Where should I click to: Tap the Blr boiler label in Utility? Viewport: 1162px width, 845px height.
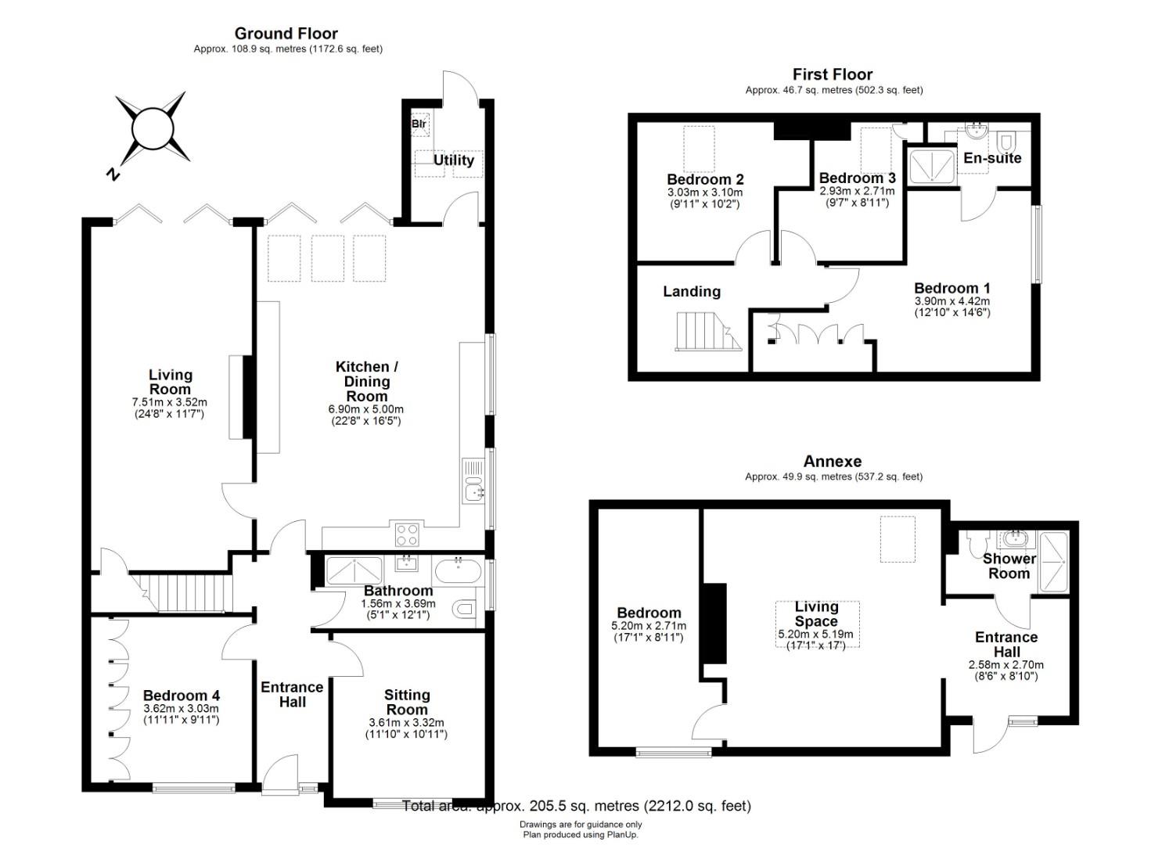(419, 124)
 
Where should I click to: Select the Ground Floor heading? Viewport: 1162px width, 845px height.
(286, 34)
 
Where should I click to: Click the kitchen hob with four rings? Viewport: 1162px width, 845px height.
(407, 534)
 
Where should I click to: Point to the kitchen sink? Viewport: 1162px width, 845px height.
(473, 480)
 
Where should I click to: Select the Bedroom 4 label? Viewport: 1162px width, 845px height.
(182, 696)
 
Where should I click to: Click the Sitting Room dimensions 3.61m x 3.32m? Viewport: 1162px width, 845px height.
(407, 723)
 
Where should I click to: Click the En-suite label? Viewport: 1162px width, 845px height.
(992, 158)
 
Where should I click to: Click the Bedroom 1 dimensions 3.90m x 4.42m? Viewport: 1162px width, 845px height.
(952, 301)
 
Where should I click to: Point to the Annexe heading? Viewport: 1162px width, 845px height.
(833, 461)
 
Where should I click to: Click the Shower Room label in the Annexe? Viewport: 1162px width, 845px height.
(1009, 566)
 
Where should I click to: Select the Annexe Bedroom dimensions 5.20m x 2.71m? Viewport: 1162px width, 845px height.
(649, 626)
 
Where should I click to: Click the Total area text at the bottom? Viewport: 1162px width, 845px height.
(577, 806)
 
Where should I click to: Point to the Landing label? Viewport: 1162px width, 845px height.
(692, 292)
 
